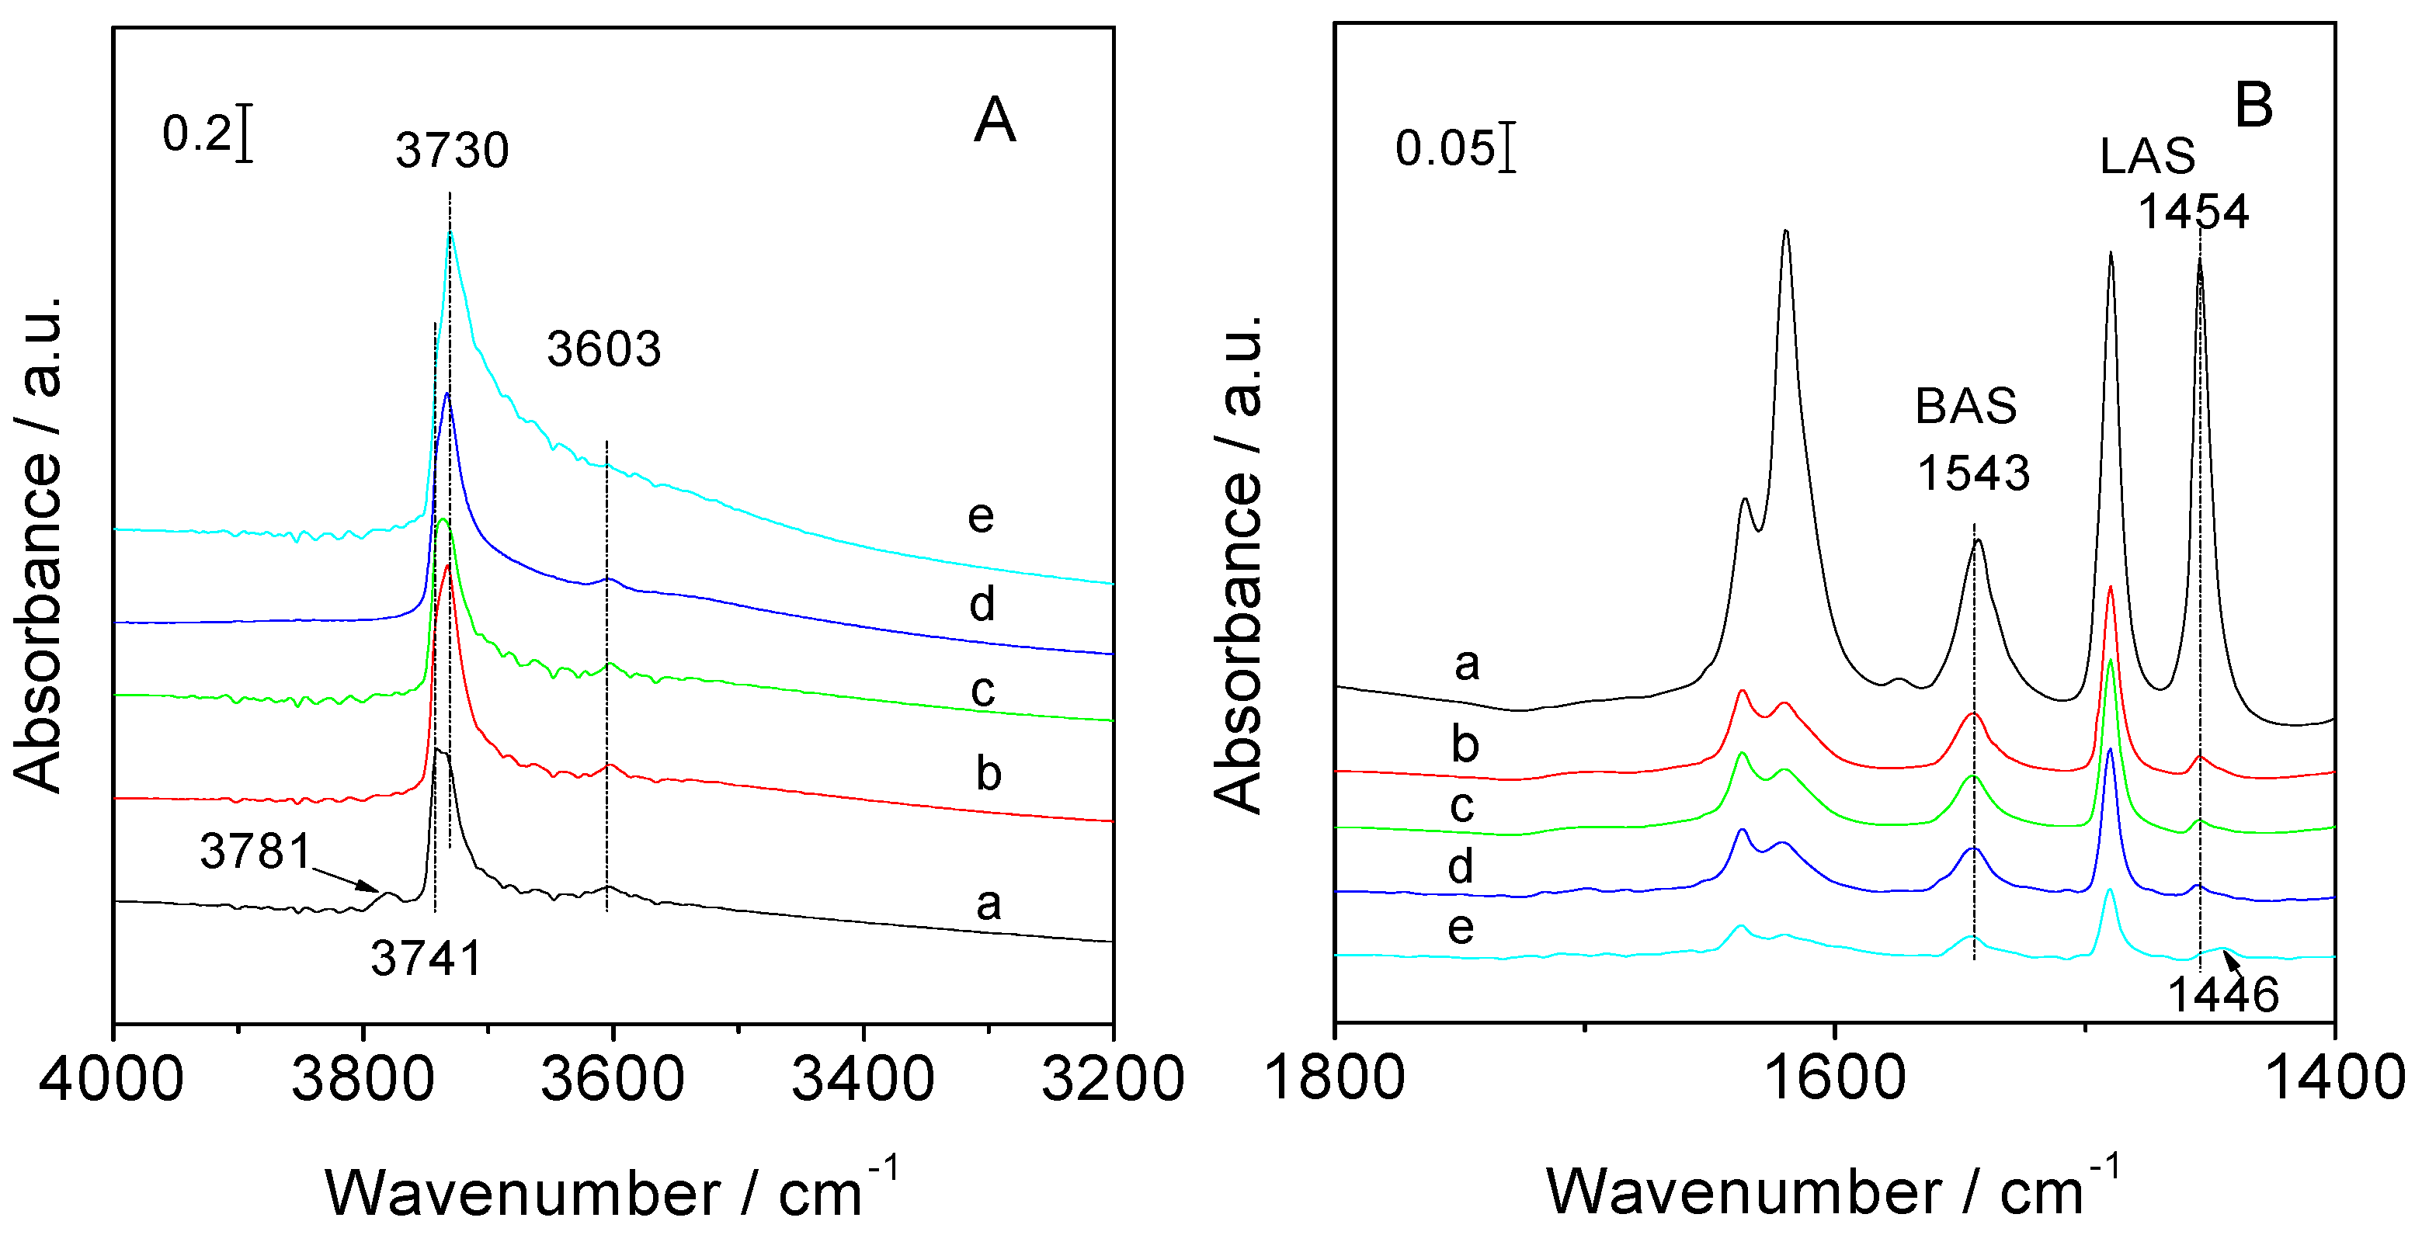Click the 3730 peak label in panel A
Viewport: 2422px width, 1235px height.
[451, 151]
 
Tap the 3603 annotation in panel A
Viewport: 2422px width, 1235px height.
[603, 349]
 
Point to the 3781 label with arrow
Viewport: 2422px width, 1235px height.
[255, 852]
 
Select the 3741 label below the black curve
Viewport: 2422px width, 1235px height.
[426, 959]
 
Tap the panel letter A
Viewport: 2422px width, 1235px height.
[995, 120]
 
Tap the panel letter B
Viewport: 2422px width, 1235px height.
[2253, 106]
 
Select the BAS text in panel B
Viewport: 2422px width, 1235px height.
[1965, 406]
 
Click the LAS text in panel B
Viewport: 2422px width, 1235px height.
[2147, 156]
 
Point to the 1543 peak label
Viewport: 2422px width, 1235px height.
[1972, 473]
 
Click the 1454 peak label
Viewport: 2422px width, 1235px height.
[2194, 213]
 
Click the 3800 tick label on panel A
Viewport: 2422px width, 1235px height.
[363, 1079]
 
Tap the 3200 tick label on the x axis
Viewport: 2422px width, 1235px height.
[1112, 1079]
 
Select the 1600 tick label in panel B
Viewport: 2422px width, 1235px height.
[1833, 1078]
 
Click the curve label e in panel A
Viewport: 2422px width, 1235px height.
[981, 516]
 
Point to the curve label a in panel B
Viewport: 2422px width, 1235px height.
[1467, 664]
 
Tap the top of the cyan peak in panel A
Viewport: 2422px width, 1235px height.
[450, 232]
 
